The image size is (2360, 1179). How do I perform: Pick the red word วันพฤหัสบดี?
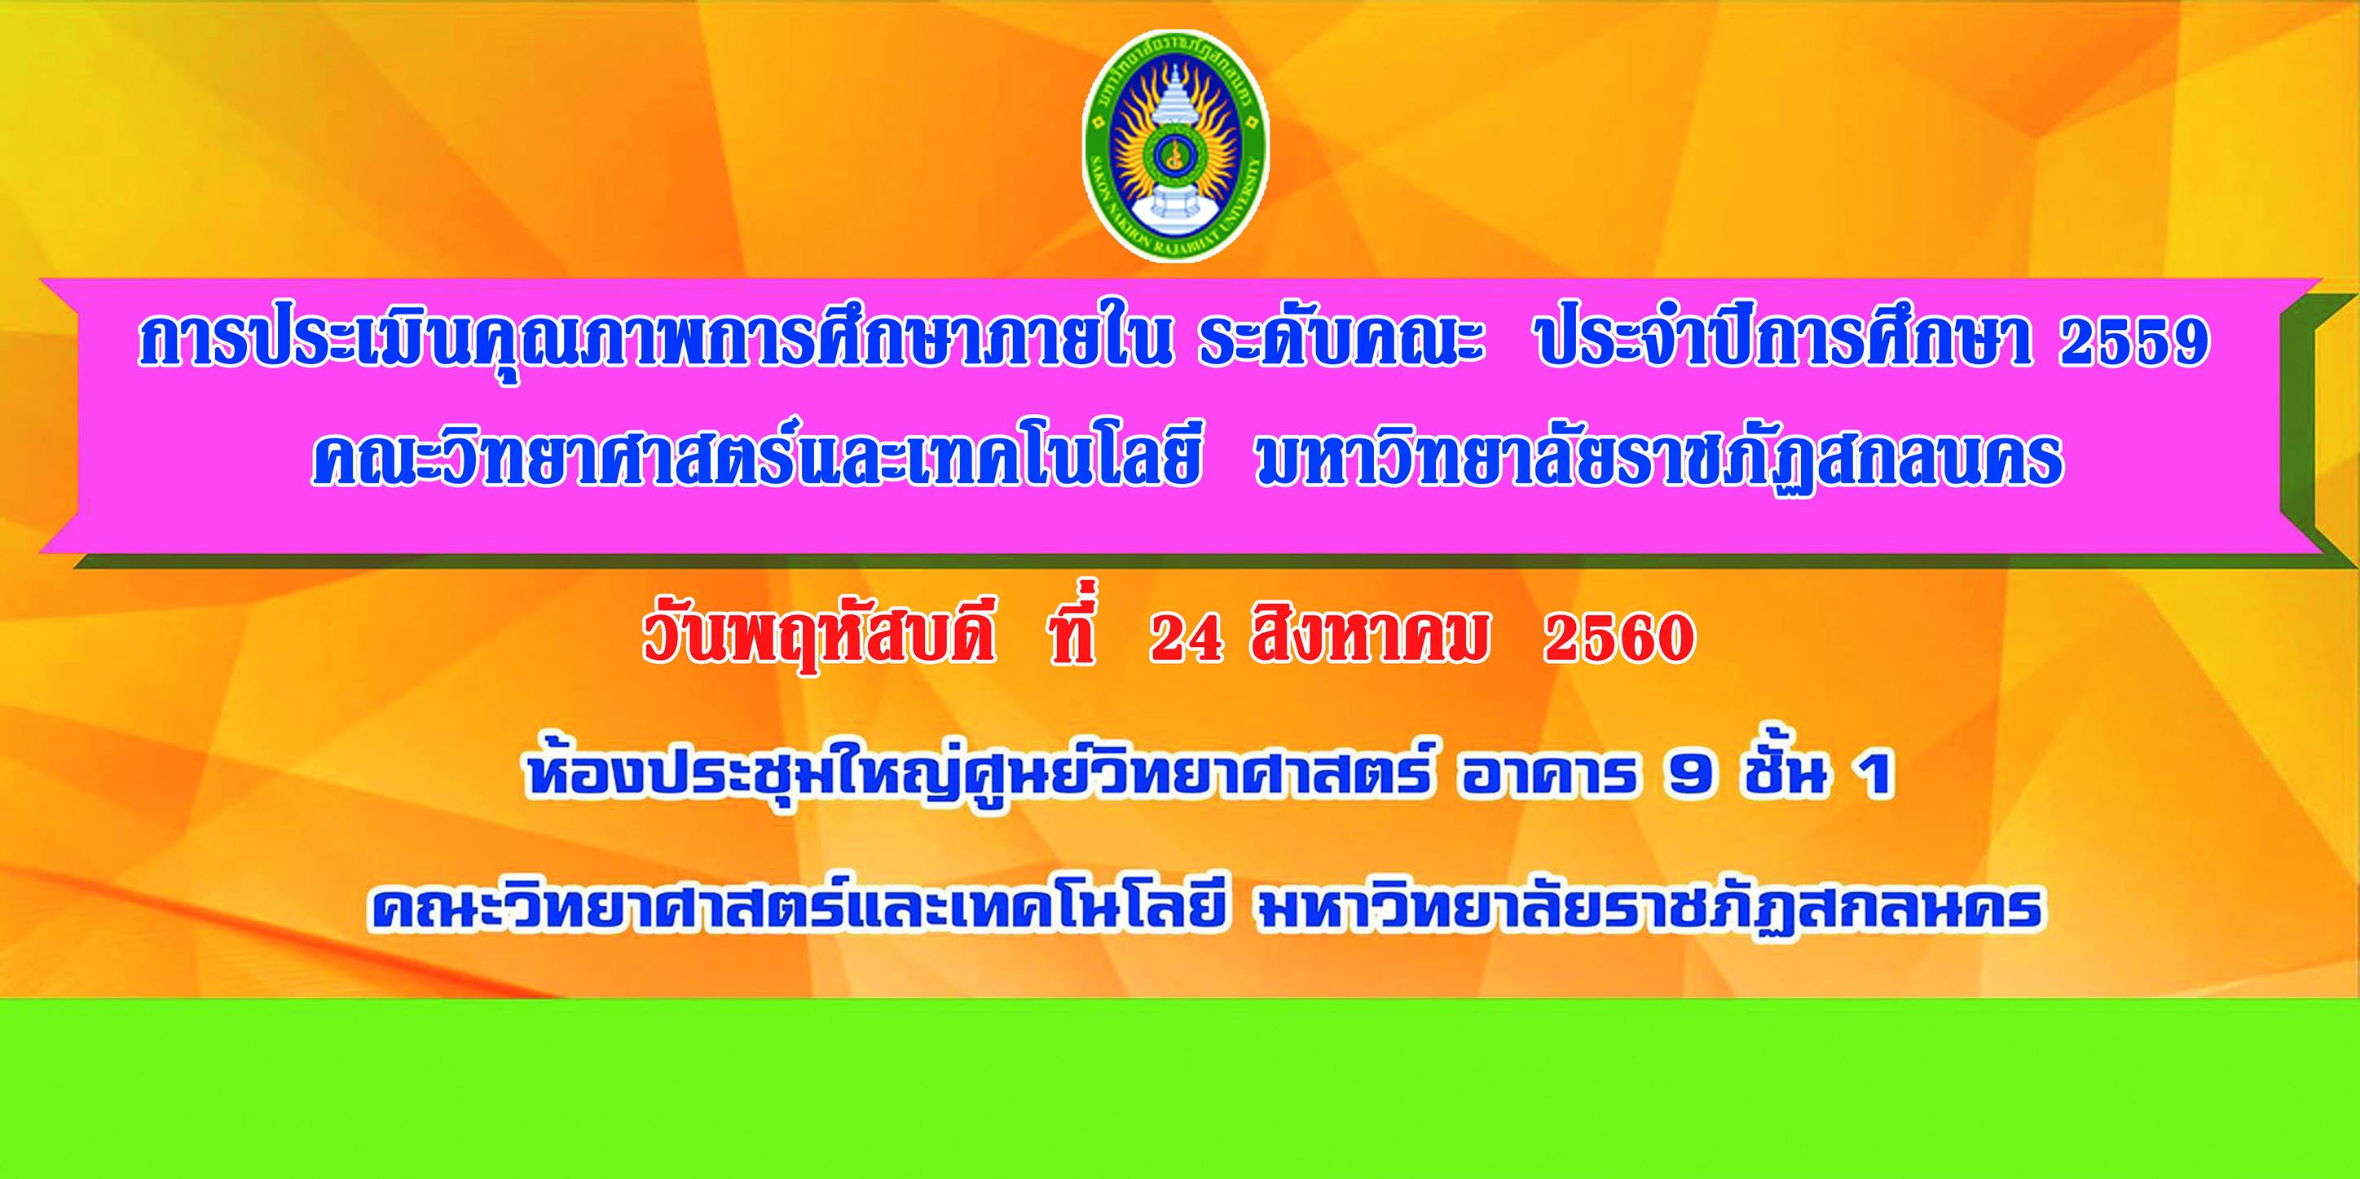(x=817, y=639)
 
